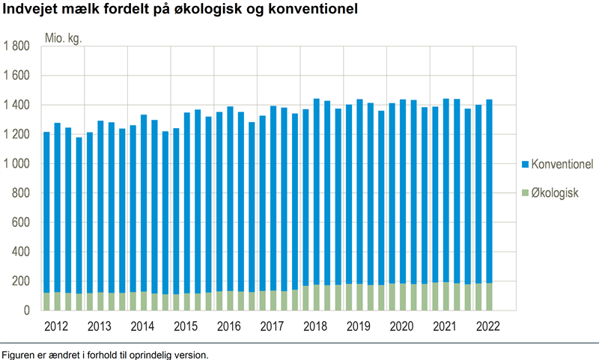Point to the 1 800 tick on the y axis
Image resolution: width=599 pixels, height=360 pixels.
[x=16, y=46]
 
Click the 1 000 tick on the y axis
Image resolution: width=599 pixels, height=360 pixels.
[x=16, y=164]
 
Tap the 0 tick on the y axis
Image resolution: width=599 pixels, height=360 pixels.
[x=26, y=310]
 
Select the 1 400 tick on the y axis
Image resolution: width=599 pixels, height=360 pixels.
[x=16, y=106]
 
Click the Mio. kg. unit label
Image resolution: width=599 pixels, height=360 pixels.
[x=64, y=37]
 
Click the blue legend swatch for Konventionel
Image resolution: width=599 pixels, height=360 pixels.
[x=525, y=164]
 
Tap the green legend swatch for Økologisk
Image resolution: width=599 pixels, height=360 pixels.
[x=525, y=193]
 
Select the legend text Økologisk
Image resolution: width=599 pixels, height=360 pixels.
[x=555, y=193]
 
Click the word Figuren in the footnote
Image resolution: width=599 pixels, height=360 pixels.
[x=19, y=353]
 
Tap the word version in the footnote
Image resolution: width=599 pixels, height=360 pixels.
[x=190, y=353]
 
